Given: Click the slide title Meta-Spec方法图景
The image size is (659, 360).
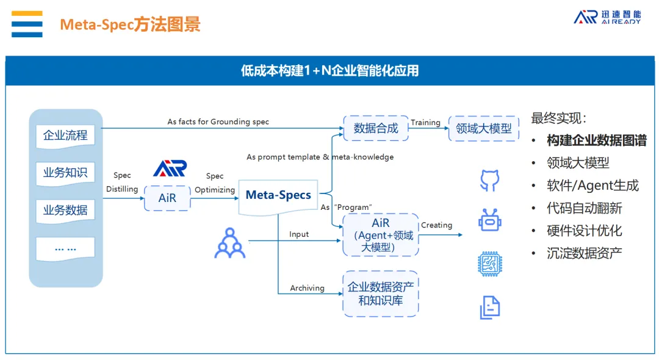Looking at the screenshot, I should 130,25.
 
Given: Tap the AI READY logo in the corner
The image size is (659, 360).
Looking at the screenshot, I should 607,17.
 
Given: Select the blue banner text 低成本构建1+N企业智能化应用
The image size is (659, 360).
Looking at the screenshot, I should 329,71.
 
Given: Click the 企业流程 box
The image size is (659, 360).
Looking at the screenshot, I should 65,135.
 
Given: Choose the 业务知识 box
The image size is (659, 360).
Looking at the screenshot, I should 65,173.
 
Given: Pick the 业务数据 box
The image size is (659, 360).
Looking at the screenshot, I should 65,211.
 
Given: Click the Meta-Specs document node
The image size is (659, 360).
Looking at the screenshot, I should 278,196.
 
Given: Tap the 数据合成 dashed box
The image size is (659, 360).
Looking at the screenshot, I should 376,128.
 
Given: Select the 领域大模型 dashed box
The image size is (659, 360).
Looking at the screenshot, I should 484,129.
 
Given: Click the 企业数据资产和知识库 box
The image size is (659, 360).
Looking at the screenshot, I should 380,293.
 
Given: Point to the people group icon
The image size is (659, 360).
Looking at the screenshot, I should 230,242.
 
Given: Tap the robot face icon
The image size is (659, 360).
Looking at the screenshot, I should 489,220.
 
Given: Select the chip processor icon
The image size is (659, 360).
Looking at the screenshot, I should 489,264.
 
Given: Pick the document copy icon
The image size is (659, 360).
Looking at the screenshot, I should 489,307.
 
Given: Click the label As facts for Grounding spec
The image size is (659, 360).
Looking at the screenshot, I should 218,122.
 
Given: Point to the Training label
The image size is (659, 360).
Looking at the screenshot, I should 425,123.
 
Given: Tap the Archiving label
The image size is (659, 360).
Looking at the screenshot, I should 307,288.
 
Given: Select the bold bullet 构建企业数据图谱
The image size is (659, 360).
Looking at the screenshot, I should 596,141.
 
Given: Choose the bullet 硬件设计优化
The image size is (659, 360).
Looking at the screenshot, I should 584,231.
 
